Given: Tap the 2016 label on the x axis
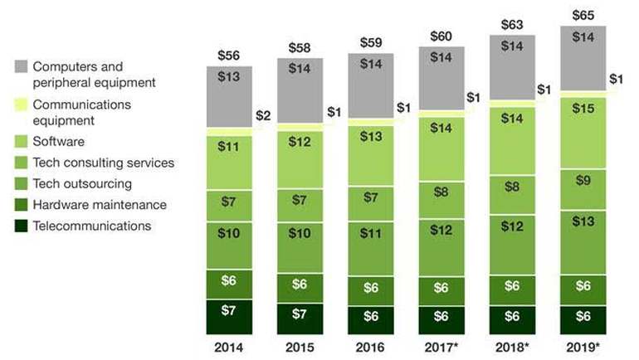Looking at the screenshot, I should (371, 346).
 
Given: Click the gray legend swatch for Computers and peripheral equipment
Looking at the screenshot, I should (22, 66).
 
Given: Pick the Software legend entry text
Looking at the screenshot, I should (57, 142).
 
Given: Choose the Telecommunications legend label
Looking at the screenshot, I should (91, 226).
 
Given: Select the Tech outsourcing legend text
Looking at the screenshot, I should (82, 183).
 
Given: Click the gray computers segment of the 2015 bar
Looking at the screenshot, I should (300, 91).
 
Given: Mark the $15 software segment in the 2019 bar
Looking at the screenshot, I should (583, 133).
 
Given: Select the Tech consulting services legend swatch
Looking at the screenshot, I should (22, 163).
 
